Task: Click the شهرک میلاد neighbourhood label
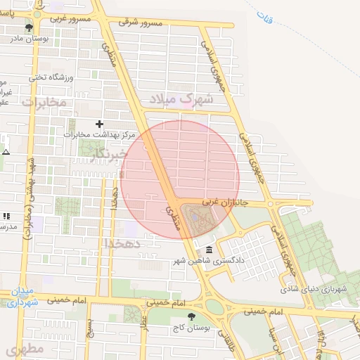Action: tap(186, 98)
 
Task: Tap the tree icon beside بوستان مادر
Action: tap(29, 28)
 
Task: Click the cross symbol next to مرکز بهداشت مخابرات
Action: tap(108, 124)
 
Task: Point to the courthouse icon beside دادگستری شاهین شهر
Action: tap(209, 250)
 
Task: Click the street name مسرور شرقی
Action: tap(140, 22)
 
